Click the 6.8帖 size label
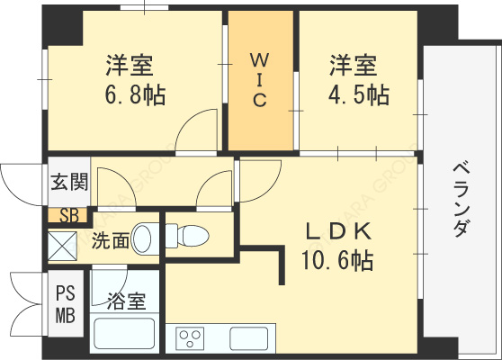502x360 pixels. (136, 95)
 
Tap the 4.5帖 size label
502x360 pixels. (359, 95)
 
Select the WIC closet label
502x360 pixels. (260, 80)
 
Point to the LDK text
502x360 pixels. (339, 231)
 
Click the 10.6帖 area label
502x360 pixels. (337, 260)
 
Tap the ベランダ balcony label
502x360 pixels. (462, 200)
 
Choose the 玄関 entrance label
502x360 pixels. (69, 182)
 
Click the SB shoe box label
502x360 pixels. (69, 216)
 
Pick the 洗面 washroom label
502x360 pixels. (111, 240)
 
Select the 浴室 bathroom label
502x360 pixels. (126, 301)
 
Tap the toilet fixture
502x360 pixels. (187, 236)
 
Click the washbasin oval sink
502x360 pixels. (141, 238)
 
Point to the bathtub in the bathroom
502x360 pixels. (124, 334)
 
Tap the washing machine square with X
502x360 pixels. (62, 246)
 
